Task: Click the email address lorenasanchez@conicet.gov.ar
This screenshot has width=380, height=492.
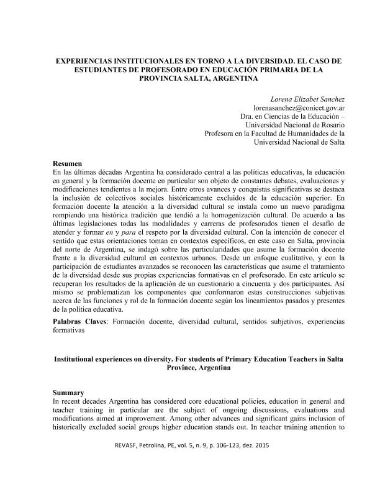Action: (x=298, y=107)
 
